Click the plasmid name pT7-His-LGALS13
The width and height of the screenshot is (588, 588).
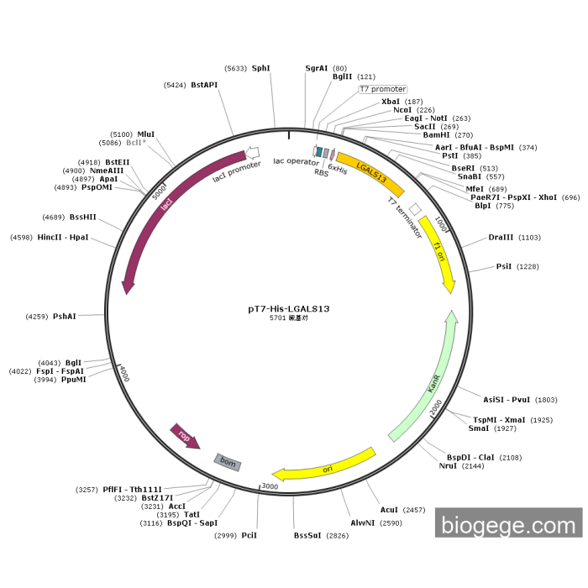pos(289,308)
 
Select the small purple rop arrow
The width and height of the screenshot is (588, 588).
pos(185,436)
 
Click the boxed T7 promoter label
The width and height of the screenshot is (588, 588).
pos(383,89)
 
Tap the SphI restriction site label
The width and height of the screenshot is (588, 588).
pos(260,68)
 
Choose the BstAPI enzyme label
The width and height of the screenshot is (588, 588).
pos(204,85)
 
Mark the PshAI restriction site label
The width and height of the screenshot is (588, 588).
pos(64,317)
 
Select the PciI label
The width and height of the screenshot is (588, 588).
pos(249,535)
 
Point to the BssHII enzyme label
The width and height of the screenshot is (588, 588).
pos(82,217)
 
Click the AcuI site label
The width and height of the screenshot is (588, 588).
pos(389,510)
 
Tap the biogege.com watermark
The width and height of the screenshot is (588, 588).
pos(508,525)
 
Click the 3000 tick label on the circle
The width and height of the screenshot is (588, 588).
pos(270,486)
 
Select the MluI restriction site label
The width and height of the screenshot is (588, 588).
pos(146,134)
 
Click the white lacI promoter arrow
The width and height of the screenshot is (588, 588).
pos(251,154)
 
